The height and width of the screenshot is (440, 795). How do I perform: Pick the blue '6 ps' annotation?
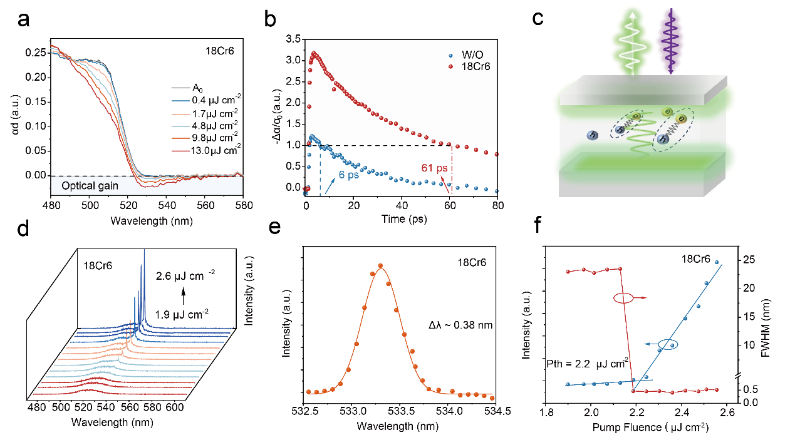point(350,176)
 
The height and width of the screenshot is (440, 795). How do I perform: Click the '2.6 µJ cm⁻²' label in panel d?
point(185,273)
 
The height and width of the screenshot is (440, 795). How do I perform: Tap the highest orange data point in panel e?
point(380,266)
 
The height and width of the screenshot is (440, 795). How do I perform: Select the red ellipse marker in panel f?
point(623,299)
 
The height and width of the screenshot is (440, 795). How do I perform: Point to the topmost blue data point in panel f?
point(717,263)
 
